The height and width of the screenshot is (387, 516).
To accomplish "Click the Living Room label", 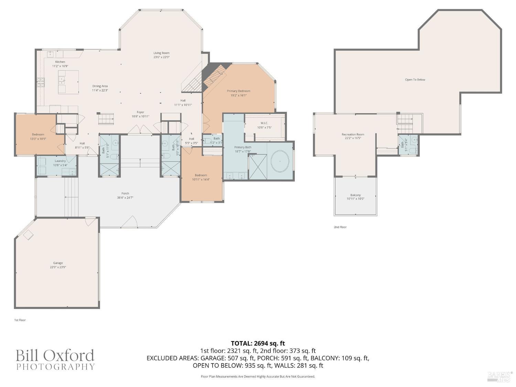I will [x=161, y=53].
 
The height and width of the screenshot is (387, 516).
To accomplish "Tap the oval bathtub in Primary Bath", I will [x=280, y=161].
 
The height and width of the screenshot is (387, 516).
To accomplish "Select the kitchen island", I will [x=68, y=82].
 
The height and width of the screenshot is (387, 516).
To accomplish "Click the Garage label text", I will [x=58, y=263].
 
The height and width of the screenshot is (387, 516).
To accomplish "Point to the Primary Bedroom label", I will [x=238, y=91].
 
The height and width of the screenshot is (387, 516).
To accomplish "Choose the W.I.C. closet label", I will [x=264, y=123].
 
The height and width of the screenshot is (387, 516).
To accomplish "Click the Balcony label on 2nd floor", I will [x=355, y=195].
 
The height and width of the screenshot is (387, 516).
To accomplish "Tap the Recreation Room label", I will [x=353, y=135].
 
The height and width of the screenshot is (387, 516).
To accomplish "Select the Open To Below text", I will [x=415, y=80].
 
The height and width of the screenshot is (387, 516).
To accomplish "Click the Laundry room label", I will [x=60, y=161].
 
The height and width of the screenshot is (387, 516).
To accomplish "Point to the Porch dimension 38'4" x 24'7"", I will [x=125, y=198].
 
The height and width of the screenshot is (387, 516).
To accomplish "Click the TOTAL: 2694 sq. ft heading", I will [x=258, y=343].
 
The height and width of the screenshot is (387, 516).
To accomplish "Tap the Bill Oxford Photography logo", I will [x=55, y=359].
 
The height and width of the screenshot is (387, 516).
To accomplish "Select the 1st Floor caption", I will [x=20, y=320].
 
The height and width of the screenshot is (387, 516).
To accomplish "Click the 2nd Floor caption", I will [x=340, y=227].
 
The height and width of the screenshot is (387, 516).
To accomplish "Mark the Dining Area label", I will [x=100, y=86].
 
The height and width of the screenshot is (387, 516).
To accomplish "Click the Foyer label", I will [x=140, y=112].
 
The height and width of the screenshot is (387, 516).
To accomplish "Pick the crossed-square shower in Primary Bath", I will [x=258, y=167].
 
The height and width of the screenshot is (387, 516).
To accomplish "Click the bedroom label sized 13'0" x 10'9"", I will [x=38, y=135].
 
